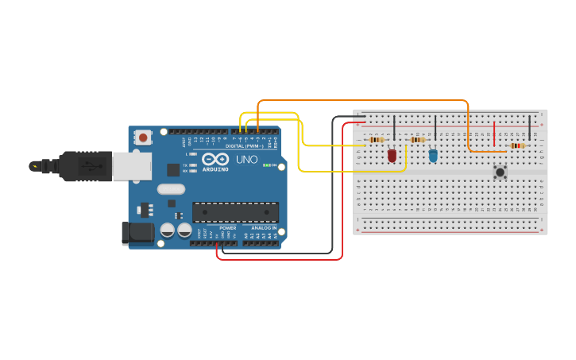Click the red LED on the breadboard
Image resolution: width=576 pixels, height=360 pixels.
point(392,155)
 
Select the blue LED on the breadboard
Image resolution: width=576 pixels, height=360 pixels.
point(433,156)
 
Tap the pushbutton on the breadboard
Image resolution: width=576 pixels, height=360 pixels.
point(500,172)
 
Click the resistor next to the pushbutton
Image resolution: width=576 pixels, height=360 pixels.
point(517,145)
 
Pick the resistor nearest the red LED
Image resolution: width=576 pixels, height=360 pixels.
point(377,140)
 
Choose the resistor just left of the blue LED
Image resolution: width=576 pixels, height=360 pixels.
point(417,140)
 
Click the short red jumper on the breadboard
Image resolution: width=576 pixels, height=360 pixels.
point(494,134)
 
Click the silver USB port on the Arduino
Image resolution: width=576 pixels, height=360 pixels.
point(131,166)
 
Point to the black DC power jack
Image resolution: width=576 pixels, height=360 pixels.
point(137,233)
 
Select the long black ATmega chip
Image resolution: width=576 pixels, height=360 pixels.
point(235,212)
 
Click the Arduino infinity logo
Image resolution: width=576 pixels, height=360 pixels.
point(215,159)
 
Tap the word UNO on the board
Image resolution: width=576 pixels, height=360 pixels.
point(246,160)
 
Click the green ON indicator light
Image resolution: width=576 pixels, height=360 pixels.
point(265,165)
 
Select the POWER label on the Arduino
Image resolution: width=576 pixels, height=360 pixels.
point(227,228)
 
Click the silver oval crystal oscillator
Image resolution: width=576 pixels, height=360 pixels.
point(171,189)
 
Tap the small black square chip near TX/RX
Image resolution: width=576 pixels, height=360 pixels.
point(173,169)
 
